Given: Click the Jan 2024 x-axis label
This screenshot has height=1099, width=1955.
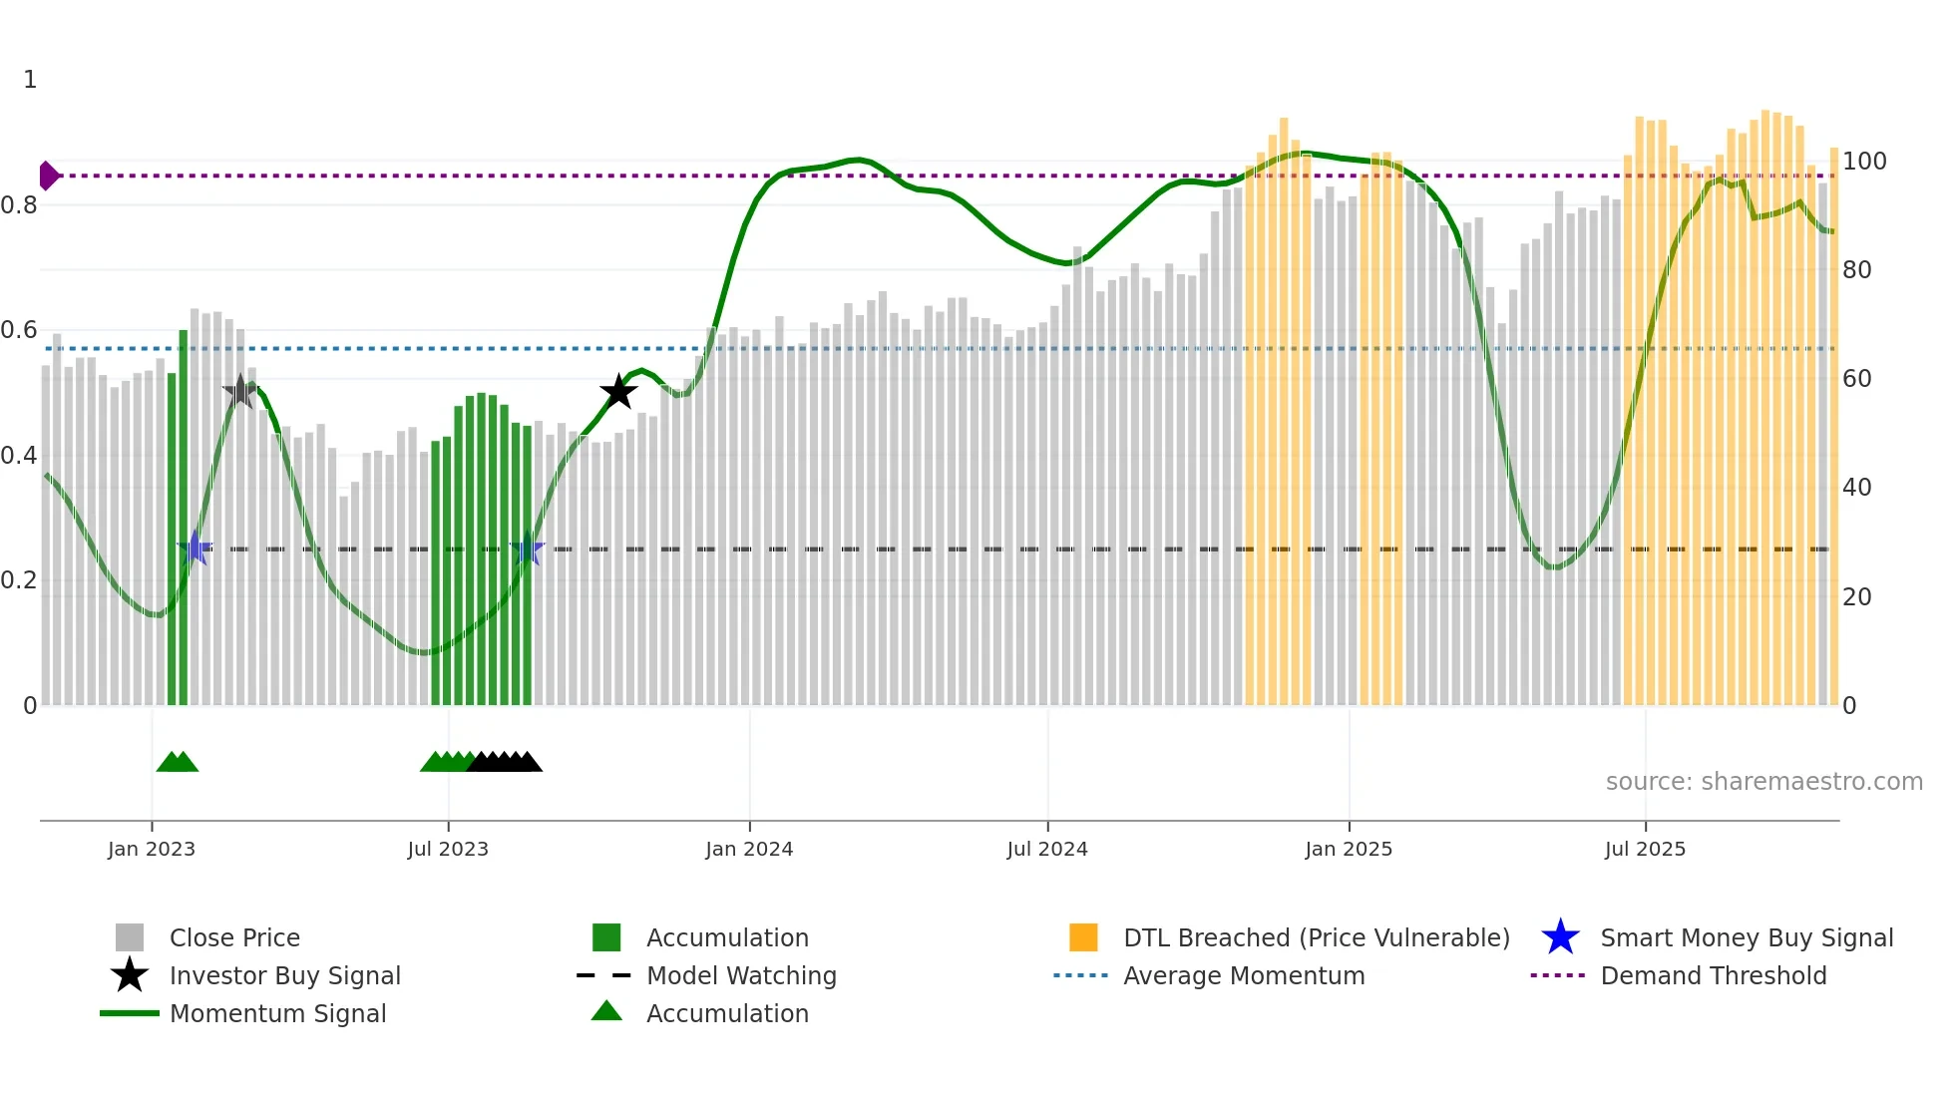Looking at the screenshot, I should click(x=749, y=849).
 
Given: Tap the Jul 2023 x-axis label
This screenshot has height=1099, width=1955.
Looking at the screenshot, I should click(x=448, y=849).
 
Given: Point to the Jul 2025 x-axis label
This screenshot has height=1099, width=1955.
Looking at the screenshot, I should click(x=1645, y=849).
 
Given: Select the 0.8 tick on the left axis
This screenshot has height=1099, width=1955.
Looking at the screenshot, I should click(x=20, y=205).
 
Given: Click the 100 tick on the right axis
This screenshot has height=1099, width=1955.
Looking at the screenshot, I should click(x=1863, y=162).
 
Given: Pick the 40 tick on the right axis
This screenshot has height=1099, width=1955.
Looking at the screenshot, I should click(x=1856, y=488).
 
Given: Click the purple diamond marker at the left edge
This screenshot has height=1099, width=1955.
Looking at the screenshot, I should click(x=48, y=176).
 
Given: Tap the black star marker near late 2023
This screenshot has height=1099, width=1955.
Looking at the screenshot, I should click(x=618, y=392).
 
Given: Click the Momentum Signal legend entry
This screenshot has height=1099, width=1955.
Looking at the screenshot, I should click(x=277, y=1013).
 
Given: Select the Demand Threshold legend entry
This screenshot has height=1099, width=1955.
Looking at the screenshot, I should click(x=1713, y=975).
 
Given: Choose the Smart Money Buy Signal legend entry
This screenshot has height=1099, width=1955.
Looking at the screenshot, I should click(x=1746, y=937).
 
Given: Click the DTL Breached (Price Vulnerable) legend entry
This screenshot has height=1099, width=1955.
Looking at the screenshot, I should click(x=1316, y=937).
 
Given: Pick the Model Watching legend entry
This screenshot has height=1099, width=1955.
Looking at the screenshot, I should click(x=741, y=975).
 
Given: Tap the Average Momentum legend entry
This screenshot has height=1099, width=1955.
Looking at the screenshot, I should click(x=1243, y=975).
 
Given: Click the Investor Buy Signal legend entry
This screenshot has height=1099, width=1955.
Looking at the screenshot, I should click(x=284, y=975).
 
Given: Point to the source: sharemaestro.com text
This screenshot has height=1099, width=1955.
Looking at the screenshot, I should click(x=1763, y=781).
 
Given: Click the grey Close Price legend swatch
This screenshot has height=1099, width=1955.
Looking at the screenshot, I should click(x=130, y=937).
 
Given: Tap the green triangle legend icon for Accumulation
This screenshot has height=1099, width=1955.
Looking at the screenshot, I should click(x=606, y=1012).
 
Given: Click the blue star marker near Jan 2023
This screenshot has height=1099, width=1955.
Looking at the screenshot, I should click(x=195, y=548).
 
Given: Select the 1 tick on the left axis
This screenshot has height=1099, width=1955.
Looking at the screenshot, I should click(x=30, y=80).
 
